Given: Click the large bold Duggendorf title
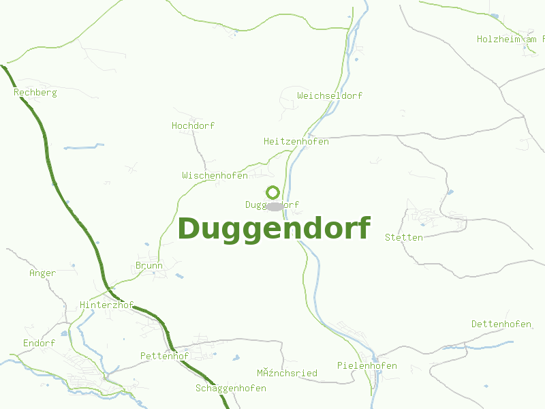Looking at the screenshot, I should (x=274, y=229).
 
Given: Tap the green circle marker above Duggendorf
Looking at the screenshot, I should (x=272, y=192).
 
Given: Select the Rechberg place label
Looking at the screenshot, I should (x=35, y=92).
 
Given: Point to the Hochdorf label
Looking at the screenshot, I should (x=193, y=126).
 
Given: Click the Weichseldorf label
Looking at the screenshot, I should (x=330, y=96).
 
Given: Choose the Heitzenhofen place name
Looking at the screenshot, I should (x=296, y=142).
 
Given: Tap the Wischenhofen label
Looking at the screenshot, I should (x=215, y=176).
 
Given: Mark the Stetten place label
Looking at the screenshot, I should (x=404, y=237).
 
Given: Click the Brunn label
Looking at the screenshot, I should (x=149, y=266).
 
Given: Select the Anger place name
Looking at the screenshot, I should (x=42, y=273).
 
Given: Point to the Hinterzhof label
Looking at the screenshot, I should (x=106, y=305).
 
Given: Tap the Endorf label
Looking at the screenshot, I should (x=39, y=343).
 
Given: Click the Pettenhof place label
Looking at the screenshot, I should (x=164, y=356).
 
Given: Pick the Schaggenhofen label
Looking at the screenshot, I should (x=230, y=389).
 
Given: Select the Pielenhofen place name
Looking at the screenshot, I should (x=367, y=366).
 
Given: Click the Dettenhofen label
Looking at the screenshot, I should (x=501, y=324).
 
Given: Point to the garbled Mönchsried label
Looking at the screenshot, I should (x=287, y=373).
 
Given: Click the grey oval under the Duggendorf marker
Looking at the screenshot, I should (x=275, y=207).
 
